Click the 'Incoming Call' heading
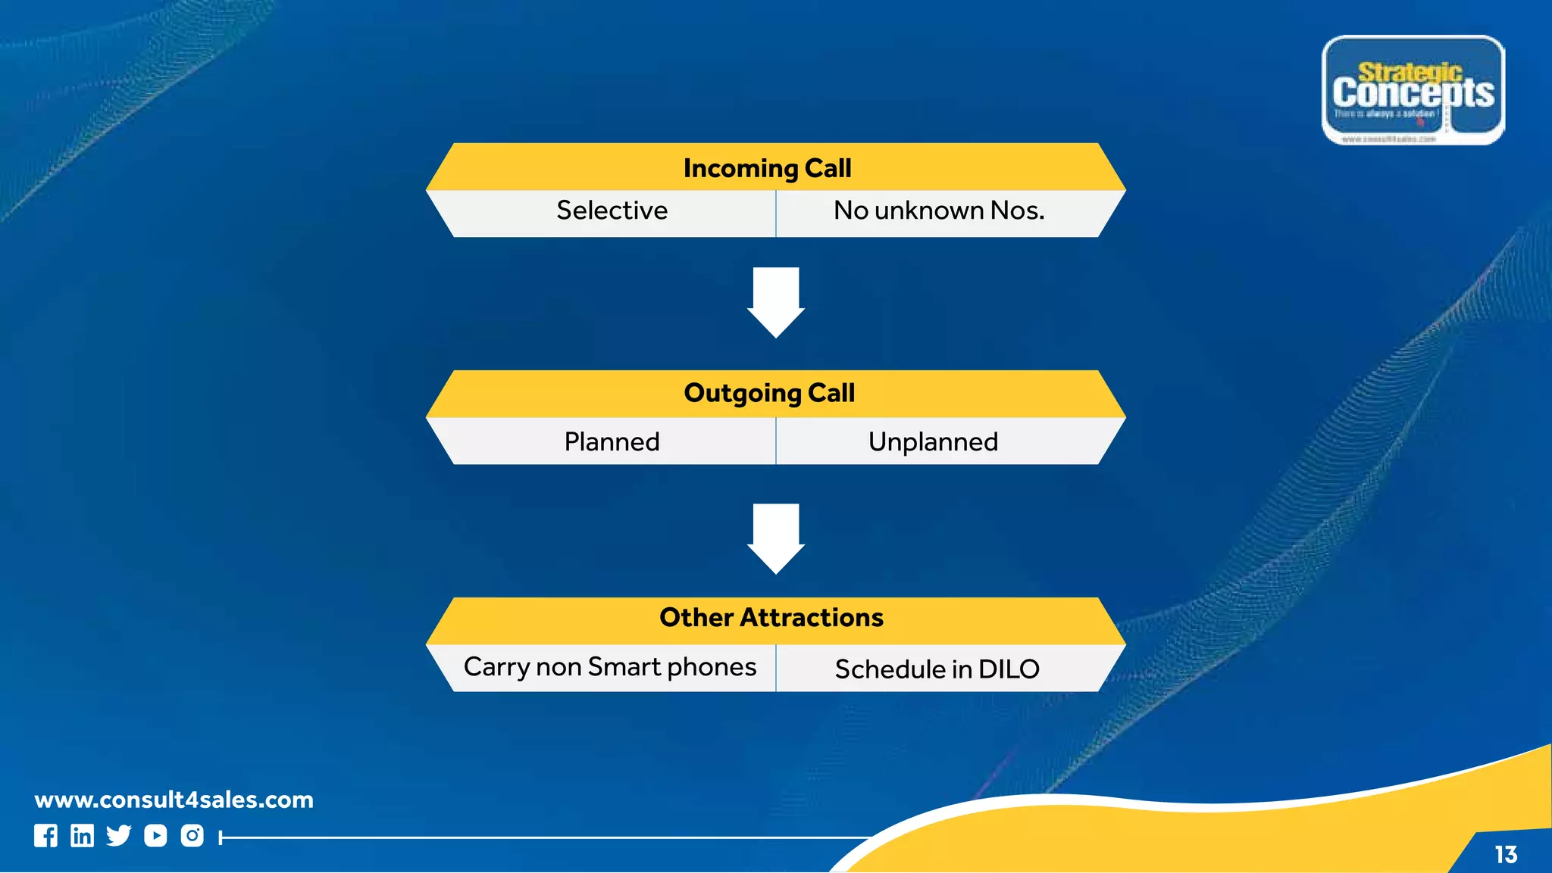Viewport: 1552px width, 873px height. pyautogui.click(x=767, y=168)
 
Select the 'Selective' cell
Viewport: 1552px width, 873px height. pyautogui.click(x=612, y=210)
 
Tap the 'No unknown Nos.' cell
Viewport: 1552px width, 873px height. pyautogui.click(x=939, y=210)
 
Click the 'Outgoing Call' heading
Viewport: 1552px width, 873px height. pyautogui.click(x=769, y=393)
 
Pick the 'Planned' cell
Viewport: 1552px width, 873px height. pyautogui.click(x=612, y=441)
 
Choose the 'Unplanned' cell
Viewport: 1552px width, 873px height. pyautogui.click(x=933, y=441)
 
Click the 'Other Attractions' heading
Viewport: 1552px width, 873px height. pyautogui.click(x=771, y=618)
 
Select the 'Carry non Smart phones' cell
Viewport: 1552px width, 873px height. pyautogui.click(x=610, y=667)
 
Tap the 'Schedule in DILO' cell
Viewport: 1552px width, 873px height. pyautogui.click(x=937, y=669)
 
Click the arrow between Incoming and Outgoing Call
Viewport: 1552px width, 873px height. pyautogui.click(x=776, y=301)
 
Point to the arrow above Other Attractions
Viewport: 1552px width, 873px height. pyautogui.click(x=776, y=538)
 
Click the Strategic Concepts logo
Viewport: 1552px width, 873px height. pyautogui.click(x=1413, y=90)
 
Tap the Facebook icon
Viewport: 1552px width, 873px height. pyautogui.click(x=45, y=836)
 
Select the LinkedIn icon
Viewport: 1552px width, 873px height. pyautogui.click(x=82, y=836)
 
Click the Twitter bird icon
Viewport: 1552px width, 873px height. pyautogui.click(x=119, y=836)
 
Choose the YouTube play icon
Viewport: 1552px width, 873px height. pyautogui.click(x=155, y=836)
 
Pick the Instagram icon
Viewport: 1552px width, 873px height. pyautogui.click(x=192, y=836)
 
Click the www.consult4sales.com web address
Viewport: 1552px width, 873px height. pyautogui.click(x=174, y=800)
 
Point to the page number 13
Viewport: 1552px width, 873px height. pyautogui.click(x=1506, y=855)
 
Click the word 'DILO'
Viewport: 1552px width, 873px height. pyautogui.click(x=1009, y=669)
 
